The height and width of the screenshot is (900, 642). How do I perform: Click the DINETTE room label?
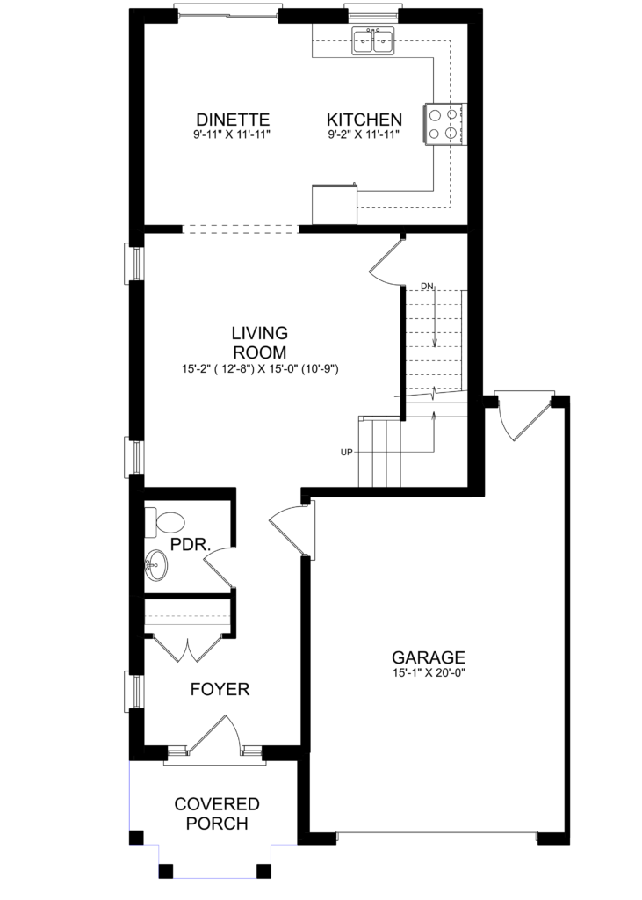(233, 120)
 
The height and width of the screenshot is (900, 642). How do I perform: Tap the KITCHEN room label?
(364, 120)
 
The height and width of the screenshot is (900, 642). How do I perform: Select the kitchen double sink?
(373, 41)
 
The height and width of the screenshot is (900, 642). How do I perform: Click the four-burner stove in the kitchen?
(444, 124)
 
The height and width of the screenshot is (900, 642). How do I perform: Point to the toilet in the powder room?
(164, 522)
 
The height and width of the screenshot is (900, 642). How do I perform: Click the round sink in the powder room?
(155, 565)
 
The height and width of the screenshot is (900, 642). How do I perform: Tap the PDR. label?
(191, 544)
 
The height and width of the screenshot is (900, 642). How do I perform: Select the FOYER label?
(220, 689)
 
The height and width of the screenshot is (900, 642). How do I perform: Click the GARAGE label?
(429, 657)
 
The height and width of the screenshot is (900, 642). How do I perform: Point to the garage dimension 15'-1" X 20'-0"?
(429, 672)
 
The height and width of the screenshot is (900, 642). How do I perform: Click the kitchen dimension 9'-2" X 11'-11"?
(364, 134)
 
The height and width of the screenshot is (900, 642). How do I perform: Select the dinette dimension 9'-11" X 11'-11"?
(232, 134)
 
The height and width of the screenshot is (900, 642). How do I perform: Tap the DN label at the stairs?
(427, 286)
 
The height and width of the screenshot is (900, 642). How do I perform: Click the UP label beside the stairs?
(347, 453)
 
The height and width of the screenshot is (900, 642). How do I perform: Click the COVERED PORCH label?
(217, 813)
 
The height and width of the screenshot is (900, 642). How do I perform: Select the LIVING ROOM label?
(259, 342)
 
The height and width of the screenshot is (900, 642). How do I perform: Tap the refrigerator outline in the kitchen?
(335, 204)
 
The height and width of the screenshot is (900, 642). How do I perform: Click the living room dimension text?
(261, 369)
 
